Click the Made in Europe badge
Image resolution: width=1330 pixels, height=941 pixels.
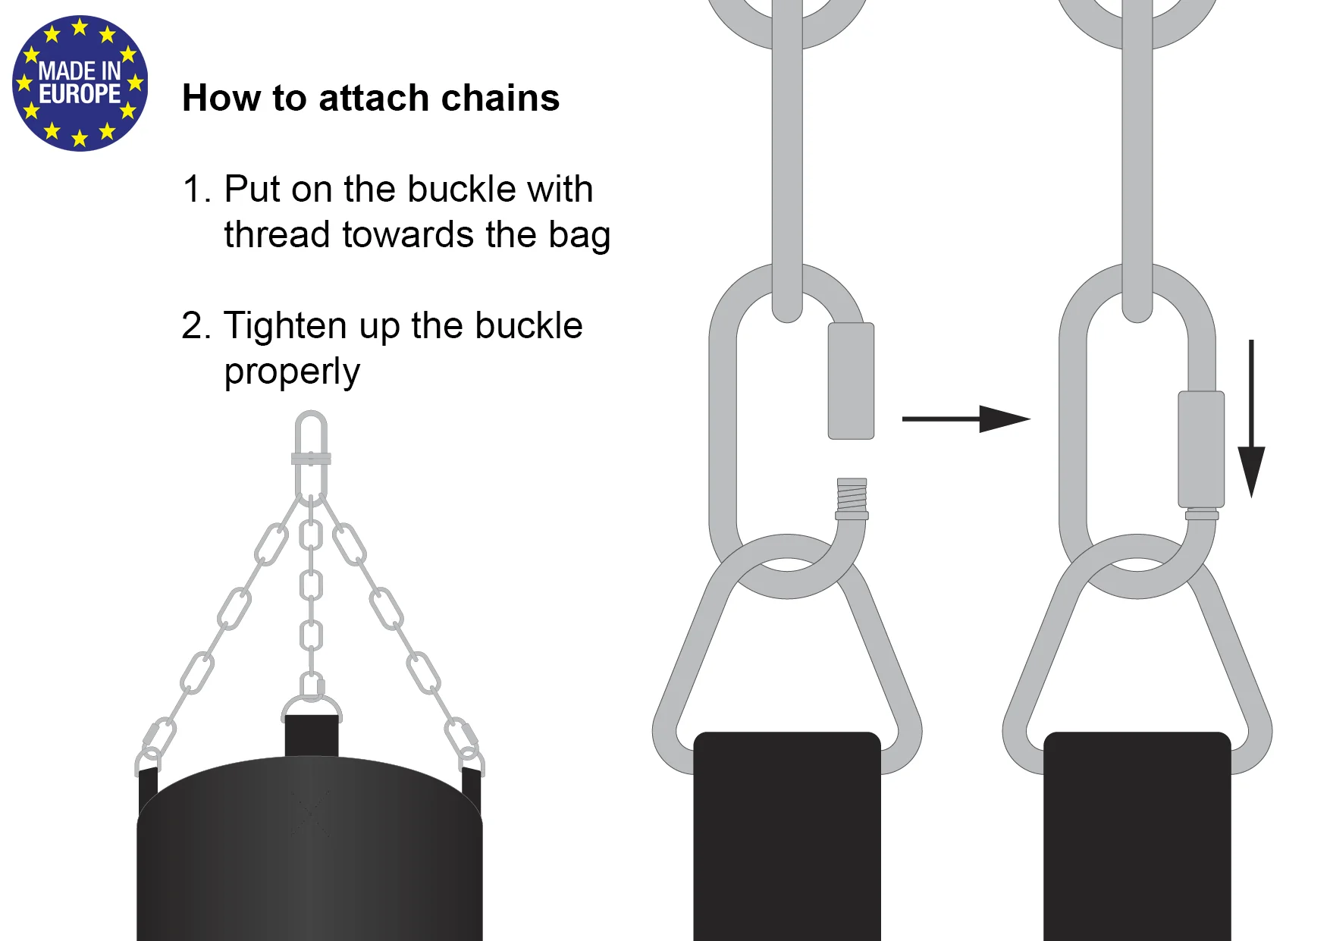coord(80,83)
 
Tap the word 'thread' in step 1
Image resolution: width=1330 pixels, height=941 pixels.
coord(278,234)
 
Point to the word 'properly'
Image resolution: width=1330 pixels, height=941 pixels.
coord(292,372)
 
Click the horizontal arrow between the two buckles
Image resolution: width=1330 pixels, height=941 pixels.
coord(966,419)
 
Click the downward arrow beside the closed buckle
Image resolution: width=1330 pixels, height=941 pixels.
coord(1251,419)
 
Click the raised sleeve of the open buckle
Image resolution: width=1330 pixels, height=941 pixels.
coord(851,381)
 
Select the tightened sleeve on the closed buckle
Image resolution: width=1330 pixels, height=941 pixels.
coord(1201,449)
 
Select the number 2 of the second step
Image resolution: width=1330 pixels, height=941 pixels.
coord(192,326)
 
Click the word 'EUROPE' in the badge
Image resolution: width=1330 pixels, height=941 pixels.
coord(80,94)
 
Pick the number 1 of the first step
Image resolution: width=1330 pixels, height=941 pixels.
coord(191,189)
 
